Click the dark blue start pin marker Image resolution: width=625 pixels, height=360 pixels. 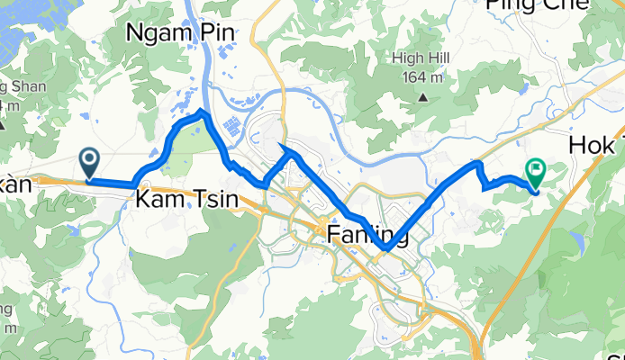pos(90,162)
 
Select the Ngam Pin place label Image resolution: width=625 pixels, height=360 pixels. pos(182,33)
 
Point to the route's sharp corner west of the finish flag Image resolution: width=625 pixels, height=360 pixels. pos(477,163)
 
